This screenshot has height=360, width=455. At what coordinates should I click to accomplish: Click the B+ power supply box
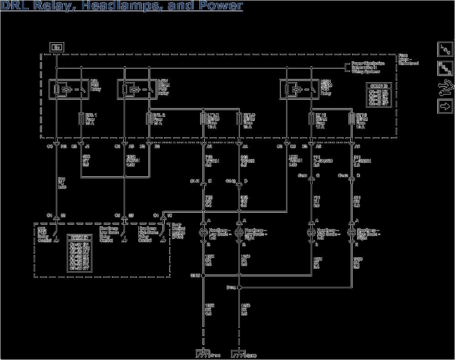56,47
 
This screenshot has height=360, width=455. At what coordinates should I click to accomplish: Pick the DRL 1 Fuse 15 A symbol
81,120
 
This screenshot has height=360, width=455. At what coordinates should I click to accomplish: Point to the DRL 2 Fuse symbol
149,120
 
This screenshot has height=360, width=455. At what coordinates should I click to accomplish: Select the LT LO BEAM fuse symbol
203,120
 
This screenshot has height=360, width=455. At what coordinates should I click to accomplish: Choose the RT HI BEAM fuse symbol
352,120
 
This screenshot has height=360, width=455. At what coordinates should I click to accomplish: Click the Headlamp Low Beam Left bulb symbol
203,232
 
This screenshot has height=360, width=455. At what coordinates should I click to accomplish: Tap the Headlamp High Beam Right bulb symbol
352,232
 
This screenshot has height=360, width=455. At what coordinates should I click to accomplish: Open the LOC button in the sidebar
444,49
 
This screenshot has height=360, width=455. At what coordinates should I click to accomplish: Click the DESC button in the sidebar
444,68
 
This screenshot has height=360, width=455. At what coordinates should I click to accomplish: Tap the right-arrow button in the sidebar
444,106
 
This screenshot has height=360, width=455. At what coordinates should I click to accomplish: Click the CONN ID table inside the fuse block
378,95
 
